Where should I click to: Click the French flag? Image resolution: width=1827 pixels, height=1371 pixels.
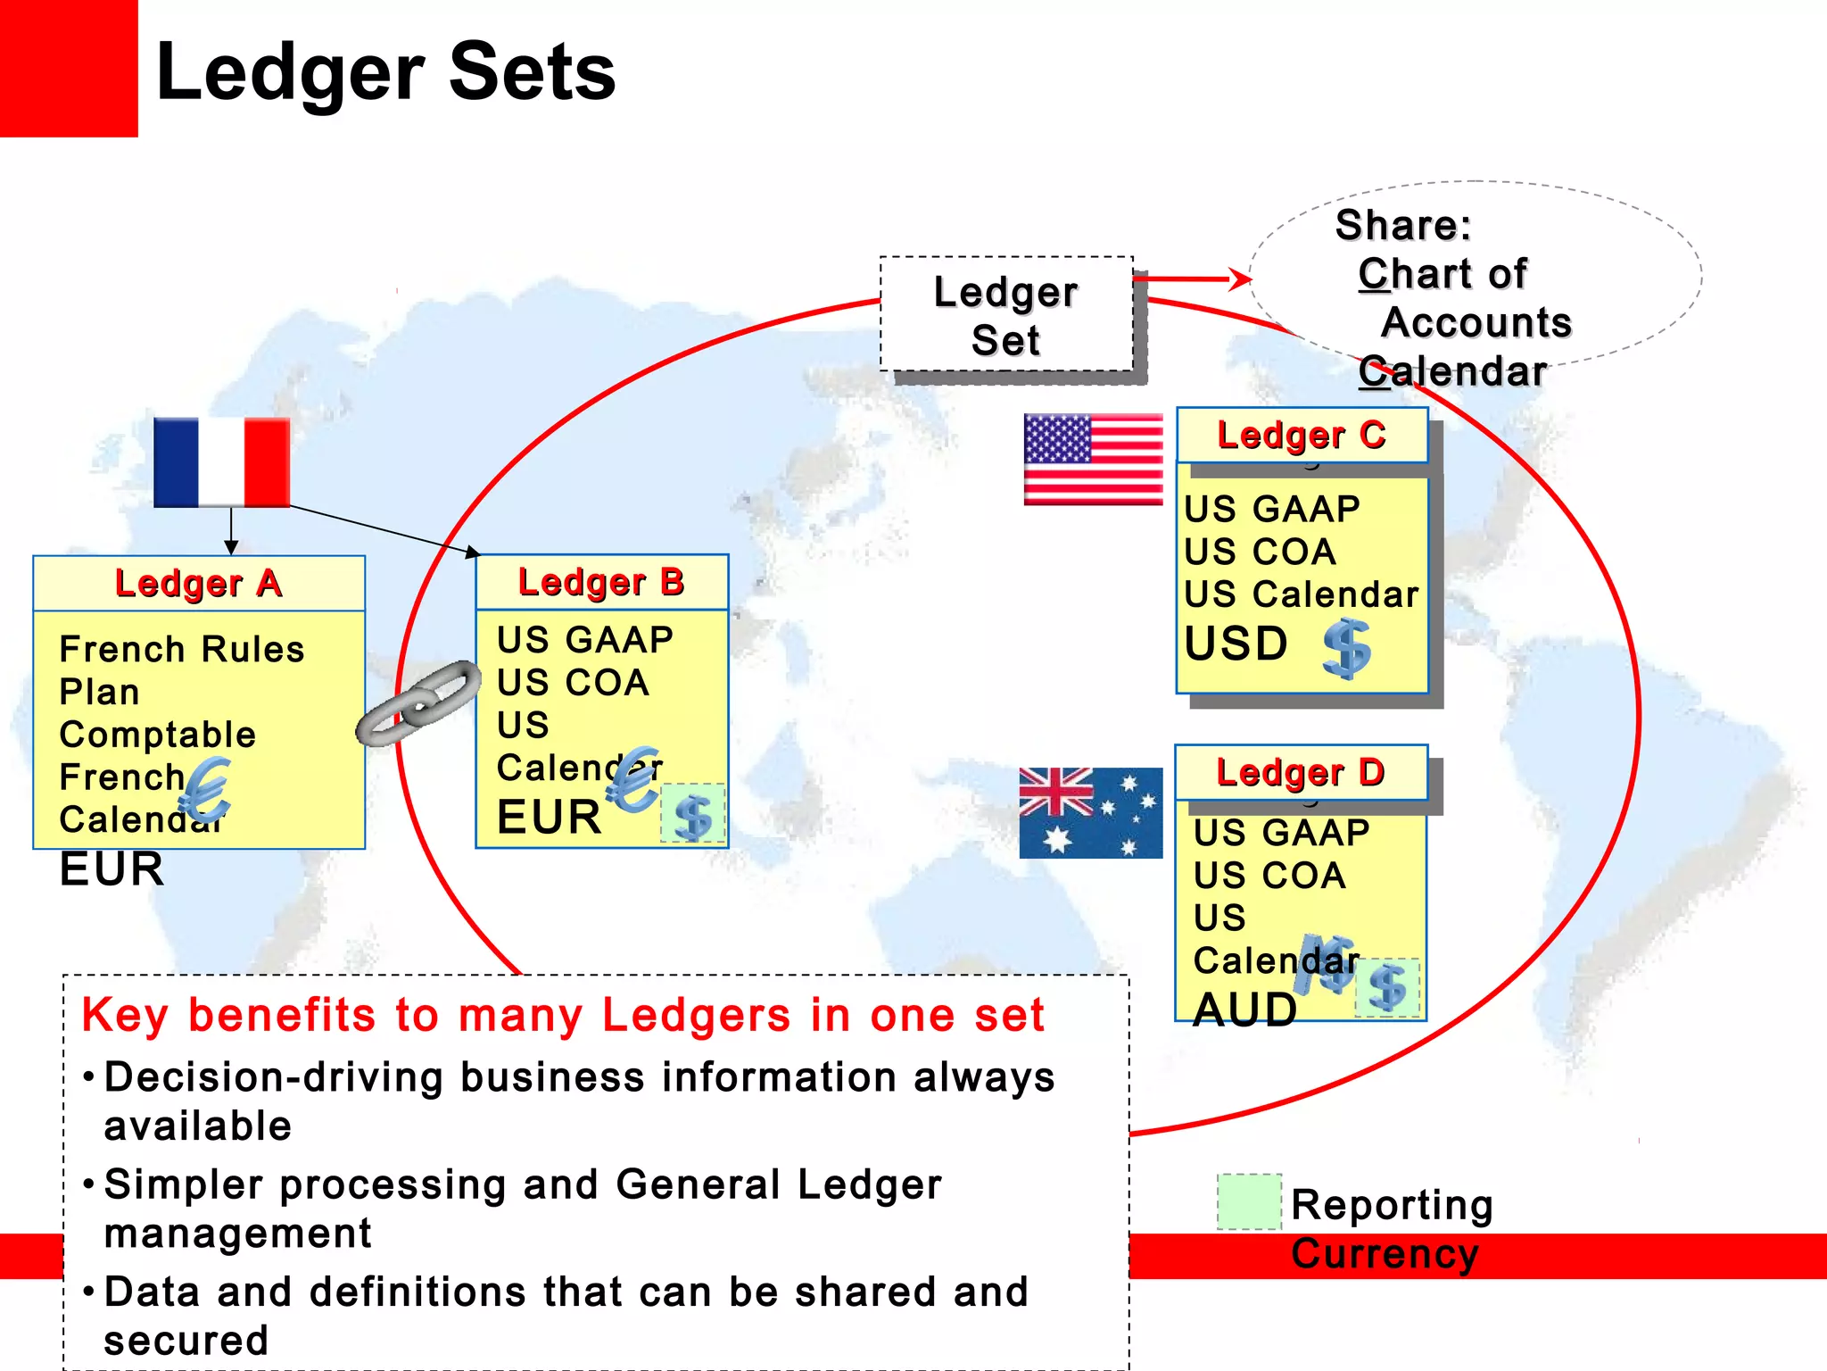point(221,462)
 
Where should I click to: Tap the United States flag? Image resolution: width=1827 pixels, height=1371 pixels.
point(1093,460)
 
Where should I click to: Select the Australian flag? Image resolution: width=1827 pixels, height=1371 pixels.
point(1090,812)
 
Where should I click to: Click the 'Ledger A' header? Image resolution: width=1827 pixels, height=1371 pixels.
point(198,584)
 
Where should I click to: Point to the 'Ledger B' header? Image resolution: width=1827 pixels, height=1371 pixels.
point(601,582)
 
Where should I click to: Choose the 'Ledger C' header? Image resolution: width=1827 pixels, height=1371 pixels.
point(1302,436)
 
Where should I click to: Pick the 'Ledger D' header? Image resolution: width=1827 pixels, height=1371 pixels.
point(1301,772)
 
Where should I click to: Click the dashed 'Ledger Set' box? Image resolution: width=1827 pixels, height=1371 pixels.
point(1005,315)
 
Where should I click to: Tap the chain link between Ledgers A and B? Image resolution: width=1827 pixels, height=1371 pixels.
point(418,702)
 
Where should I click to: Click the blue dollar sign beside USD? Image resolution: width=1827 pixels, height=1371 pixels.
point(1346,649)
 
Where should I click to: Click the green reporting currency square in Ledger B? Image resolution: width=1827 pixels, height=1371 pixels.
point(692,814)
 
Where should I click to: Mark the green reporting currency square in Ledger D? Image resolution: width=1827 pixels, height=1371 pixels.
point(1387,988)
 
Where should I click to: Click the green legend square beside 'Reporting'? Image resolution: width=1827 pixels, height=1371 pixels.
point(1249,1201)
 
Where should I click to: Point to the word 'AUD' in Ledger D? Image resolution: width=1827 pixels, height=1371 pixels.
point(1244,1010)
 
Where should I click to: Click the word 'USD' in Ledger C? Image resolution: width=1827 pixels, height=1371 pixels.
point(1236,644)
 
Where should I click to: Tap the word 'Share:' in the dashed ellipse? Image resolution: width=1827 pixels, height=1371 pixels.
point(1402,225)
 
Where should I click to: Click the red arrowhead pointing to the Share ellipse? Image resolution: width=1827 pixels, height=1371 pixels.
point(1240,279)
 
